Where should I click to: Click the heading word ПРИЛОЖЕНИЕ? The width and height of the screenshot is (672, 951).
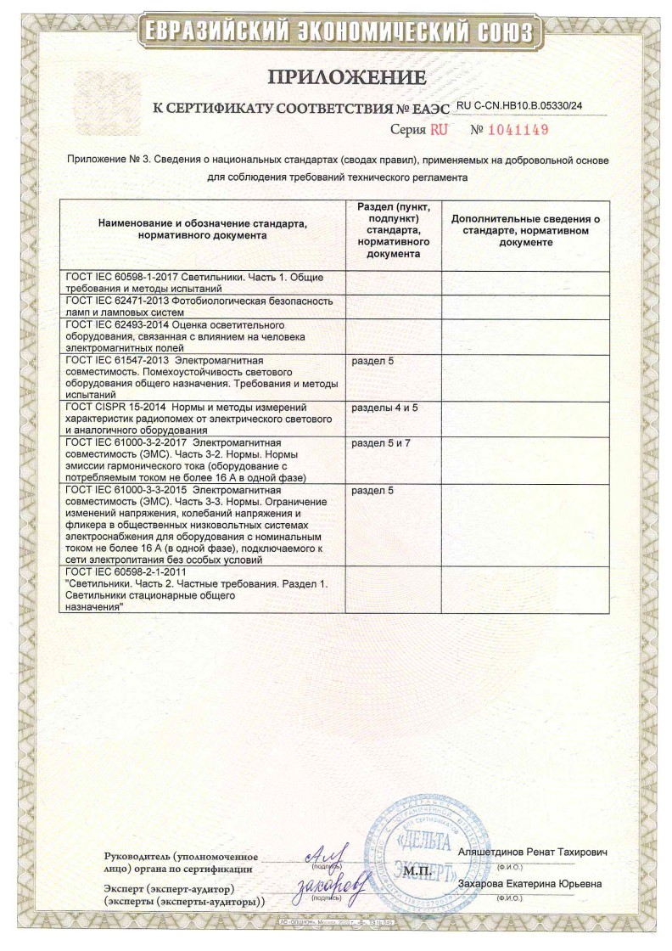345,78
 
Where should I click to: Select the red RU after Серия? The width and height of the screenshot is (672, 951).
438,130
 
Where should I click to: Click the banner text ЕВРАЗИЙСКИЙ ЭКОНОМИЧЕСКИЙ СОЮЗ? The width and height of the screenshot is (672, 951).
337,33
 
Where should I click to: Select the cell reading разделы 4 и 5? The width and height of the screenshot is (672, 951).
384,408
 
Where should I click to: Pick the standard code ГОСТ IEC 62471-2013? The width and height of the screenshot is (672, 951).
116,301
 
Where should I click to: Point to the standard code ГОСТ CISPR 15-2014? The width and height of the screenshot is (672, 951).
118,408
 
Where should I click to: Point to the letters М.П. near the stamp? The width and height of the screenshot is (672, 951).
418,871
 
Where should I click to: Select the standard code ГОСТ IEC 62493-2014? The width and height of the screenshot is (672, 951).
116,325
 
